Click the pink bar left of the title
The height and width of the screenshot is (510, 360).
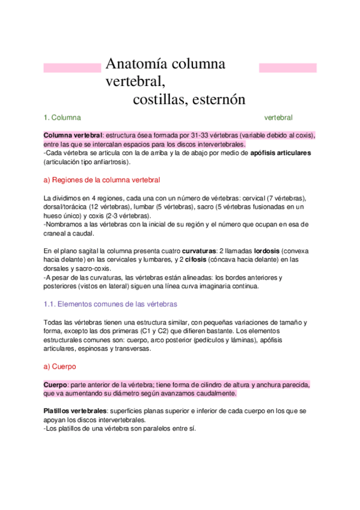(x=72, y=68)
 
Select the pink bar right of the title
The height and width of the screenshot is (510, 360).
(x=287, y=68)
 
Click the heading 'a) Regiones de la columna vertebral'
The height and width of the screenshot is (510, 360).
(x=102, y=180)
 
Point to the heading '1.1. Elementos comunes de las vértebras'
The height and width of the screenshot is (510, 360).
(x=111, y=304)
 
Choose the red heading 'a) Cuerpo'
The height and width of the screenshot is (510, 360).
(x=59, y=366)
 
